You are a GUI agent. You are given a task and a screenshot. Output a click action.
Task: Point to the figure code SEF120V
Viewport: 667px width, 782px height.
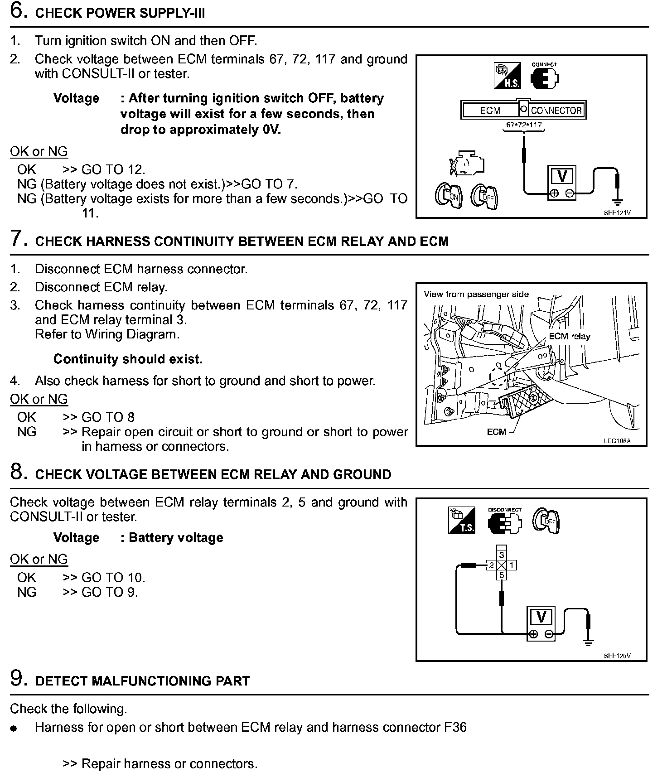pyautogui.click(x=617, y=656)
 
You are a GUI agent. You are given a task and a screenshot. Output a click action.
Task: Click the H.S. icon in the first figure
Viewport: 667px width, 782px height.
pyautogui.click(x=507, y=76)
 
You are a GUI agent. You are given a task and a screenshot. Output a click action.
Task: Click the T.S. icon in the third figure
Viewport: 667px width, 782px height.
pyautogui.click(x=462, y=520)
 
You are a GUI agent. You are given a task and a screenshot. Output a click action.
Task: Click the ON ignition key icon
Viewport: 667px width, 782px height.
pyautogui.click(x=448, y=196)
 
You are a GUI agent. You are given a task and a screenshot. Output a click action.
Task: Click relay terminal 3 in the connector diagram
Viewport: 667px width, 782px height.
pyautogui.click(x=502, y=555)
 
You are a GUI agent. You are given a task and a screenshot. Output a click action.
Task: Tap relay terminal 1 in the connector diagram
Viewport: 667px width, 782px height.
pyautogui.click(x=512, y=565)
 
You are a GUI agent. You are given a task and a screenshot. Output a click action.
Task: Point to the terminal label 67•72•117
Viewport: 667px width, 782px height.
pyautogui.click(x=524, y=125)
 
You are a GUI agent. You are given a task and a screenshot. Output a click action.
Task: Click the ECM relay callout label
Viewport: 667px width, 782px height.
pyautogui.click(x=569, y=336)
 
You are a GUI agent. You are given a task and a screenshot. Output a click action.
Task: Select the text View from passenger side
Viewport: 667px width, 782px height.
pyautogui.click(x=476, y=294)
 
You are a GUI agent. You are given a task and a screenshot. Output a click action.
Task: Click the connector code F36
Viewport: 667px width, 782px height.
pyautogui.click(x=454, y=728)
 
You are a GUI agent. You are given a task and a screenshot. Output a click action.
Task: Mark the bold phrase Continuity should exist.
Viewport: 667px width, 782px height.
pyautogui.click(x=128, y=359)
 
